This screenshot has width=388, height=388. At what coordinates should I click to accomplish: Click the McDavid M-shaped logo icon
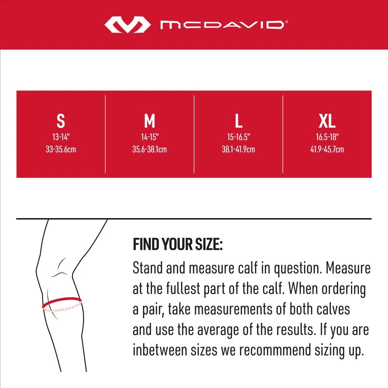[127, 25]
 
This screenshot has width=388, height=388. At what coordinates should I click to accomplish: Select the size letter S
[61, 121]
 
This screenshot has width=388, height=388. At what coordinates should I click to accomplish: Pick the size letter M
[149, 121]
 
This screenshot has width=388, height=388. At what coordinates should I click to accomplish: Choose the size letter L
[239, 121]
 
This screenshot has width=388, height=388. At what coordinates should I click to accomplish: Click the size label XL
[327, 121]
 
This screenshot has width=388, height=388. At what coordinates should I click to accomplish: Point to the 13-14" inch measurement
[61, 137]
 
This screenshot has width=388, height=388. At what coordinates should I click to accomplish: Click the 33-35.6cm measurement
[61, 149]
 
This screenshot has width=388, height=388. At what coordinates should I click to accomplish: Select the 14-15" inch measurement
[149, 137]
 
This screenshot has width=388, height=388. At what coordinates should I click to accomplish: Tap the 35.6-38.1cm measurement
[149, 149]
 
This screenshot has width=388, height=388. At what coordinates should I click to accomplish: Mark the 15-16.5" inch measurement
[239, 137]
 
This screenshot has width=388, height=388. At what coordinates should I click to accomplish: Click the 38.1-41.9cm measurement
[239, 149]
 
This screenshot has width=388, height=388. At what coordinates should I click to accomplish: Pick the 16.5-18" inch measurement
[327, 137]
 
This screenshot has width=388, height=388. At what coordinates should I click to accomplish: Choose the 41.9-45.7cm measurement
[327, 149]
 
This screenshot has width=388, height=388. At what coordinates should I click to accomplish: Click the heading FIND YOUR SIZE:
[178, 245]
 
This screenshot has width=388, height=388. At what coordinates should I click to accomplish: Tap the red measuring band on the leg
[62, 302]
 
